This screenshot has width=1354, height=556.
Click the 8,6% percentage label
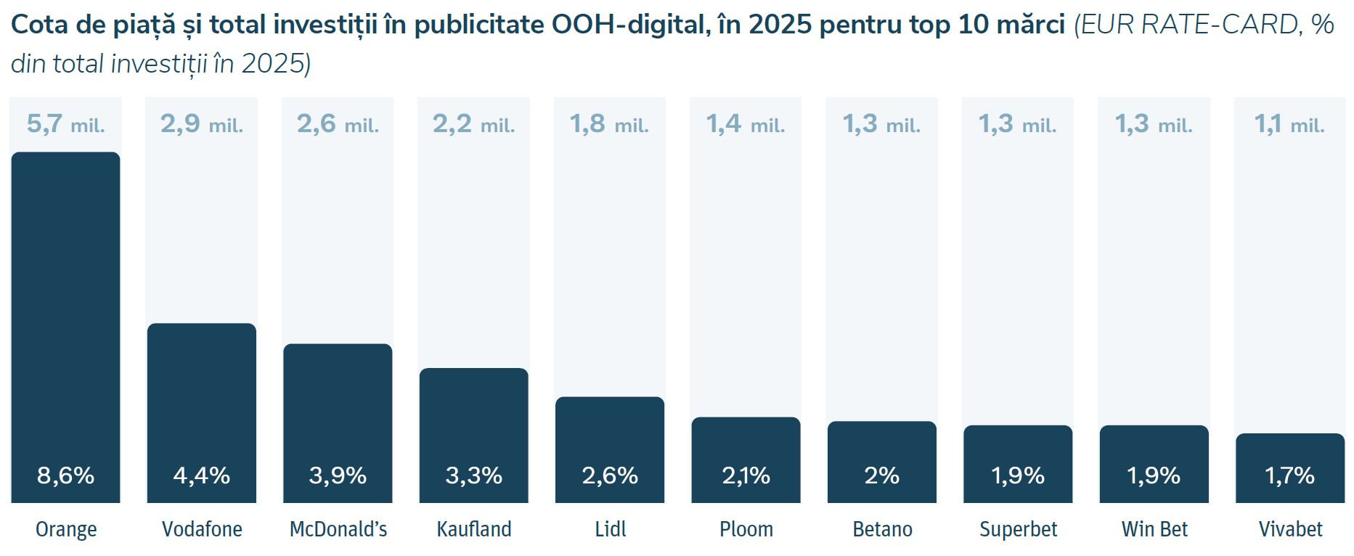pos(65,475)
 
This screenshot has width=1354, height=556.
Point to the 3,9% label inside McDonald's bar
pos(338,475)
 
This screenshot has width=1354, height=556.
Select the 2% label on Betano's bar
pos(882,475)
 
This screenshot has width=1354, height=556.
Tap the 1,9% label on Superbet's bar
pos(1018,475)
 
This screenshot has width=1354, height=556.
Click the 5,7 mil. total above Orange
pos(65,124)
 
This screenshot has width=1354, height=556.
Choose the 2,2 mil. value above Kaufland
pos(473,124)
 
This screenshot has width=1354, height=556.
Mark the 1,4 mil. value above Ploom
pos(746,124)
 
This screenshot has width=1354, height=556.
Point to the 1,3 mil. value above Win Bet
pos(1154,124)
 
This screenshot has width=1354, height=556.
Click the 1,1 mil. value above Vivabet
pos(1289,124)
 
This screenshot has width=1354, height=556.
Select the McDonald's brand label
pos(338,529)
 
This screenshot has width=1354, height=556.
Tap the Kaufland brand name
pos(474,529)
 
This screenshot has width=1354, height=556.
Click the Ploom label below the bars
pos(746,529)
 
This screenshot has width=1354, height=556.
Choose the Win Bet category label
pos(1154,529)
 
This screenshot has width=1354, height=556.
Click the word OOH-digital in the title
pos(629,25)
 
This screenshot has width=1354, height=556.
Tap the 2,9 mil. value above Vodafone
pos(202,124)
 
